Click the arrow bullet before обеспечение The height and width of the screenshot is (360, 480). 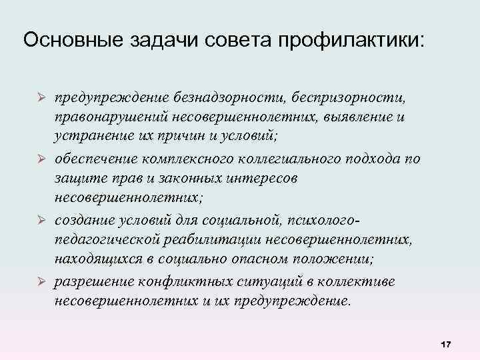point(40,158)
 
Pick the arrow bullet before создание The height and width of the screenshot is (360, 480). point(40,220)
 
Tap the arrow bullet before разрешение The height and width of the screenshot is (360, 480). point(40,281)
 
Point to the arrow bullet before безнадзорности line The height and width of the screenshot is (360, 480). point(40,97)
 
